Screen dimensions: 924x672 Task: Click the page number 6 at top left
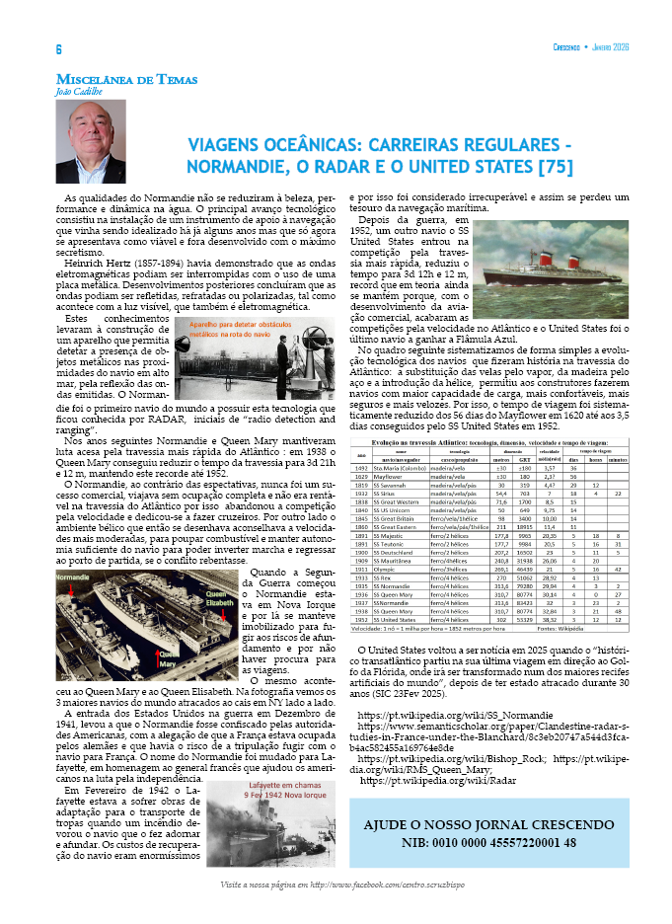pyautogui.click(x=58, y=49)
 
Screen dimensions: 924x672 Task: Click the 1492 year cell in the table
pyautogui.click(x=362, y=469)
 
